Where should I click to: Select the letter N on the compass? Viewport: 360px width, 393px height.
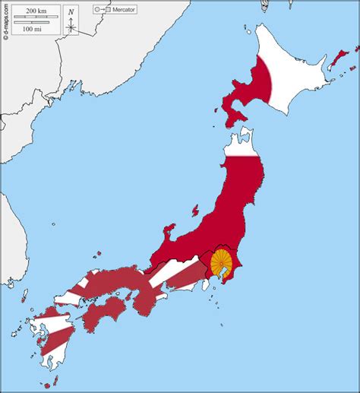71,11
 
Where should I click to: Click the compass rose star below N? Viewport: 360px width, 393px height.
71,27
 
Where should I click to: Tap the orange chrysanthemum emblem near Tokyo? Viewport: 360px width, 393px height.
221,262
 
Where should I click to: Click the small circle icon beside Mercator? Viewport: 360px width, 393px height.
97,9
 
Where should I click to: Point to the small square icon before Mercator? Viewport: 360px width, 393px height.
108,9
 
